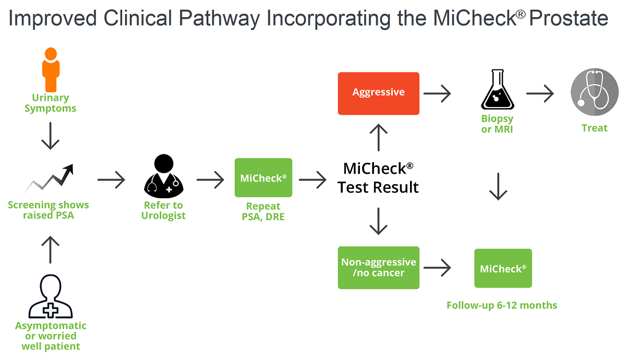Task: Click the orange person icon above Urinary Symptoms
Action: (x=51, y=69)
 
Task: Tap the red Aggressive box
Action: (x=379, y=93)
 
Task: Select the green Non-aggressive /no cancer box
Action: (x=379, y=268)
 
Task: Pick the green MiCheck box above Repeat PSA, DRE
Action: (x=263, y=178)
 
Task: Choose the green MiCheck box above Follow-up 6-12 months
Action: (x=503, y=268)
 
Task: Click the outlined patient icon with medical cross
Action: (x=51, y=297)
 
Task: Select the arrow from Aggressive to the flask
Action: (x=437, y=94)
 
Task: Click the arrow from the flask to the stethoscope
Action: (x=540, y=94)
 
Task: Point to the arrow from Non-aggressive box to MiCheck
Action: (x=437, y=268)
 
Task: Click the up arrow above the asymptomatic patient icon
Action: (x=51, y=249)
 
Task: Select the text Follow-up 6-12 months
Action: (x=502, y=305)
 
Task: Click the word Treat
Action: (x=595, y=128)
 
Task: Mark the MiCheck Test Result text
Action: (x=378, y=178)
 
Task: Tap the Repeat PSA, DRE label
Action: (x=263, y=211)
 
